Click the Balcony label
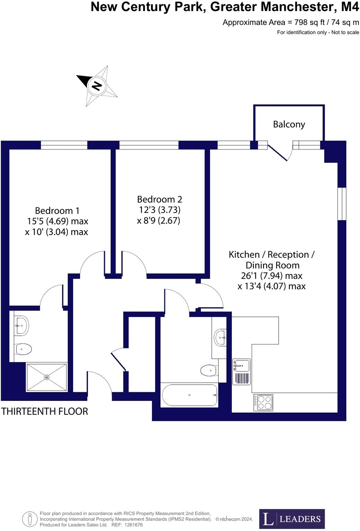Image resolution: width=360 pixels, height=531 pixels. [289, 124]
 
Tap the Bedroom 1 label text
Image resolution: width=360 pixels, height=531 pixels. [57, 210]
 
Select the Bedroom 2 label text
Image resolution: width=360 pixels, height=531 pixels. [159, 199]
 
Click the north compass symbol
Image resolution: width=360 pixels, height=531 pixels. [97, 85]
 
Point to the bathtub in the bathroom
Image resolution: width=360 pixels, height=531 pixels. [190, 395]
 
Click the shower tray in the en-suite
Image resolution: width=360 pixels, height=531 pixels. [47, 377]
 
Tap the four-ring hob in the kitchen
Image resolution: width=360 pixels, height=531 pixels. [263, 403]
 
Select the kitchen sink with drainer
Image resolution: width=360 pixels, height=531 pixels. [242, 371]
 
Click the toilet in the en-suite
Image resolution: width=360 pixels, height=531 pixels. [23, 349]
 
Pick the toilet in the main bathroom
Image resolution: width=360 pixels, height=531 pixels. [209, 370]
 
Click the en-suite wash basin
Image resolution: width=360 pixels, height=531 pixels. [21, 325]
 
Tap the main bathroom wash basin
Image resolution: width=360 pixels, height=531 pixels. [220, 336]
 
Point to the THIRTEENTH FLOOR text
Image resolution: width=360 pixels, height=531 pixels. [45, 411]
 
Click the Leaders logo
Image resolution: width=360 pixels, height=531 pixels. [292, 519]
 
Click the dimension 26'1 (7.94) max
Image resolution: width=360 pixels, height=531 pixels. [271, 276]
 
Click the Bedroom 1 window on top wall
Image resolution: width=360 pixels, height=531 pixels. [64, 145]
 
